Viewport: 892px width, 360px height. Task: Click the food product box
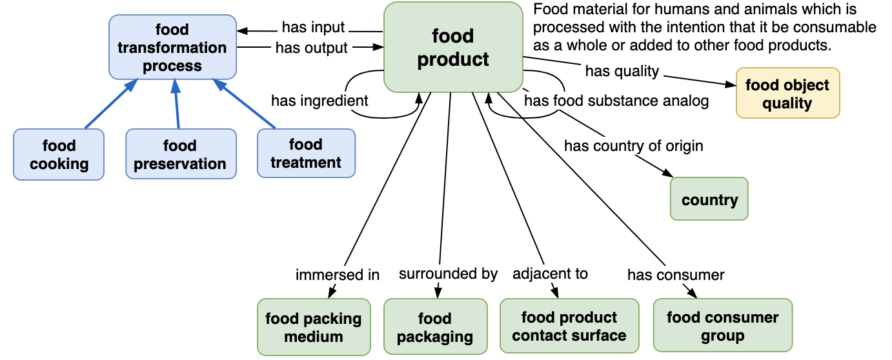coord(453,47)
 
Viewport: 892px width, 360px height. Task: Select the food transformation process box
coord(172,48)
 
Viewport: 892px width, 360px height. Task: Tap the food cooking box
coord(59,154)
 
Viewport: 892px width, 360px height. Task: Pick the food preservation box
coord(180,155)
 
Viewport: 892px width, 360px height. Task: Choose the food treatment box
coord(306,153)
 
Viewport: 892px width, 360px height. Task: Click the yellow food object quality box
coord(787,94)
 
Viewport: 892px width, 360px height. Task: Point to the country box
coord(709,199)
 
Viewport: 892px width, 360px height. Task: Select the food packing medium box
coord(314,327)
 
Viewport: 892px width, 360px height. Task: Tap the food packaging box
coord(435,327)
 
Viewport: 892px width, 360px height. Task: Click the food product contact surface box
coord(569,326)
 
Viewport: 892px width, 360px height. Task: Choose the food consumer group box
coord(722,326)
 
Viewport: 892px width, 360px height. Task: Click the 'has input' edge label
coord(313,28)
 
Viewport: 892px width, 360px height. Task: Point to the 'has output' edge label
coord(311,48)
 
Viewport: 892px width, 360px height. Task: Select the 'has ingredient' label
coord(319,101)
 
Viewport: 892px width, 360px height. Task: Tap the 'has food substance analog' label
coord(616,101)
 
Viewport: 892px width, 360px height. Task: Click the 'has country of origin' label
coord(633,146)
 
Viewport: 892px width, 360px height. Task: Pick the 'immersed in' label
coord(338,275)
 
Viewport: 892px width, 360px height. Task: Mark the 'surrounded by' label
coord(448,274)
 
